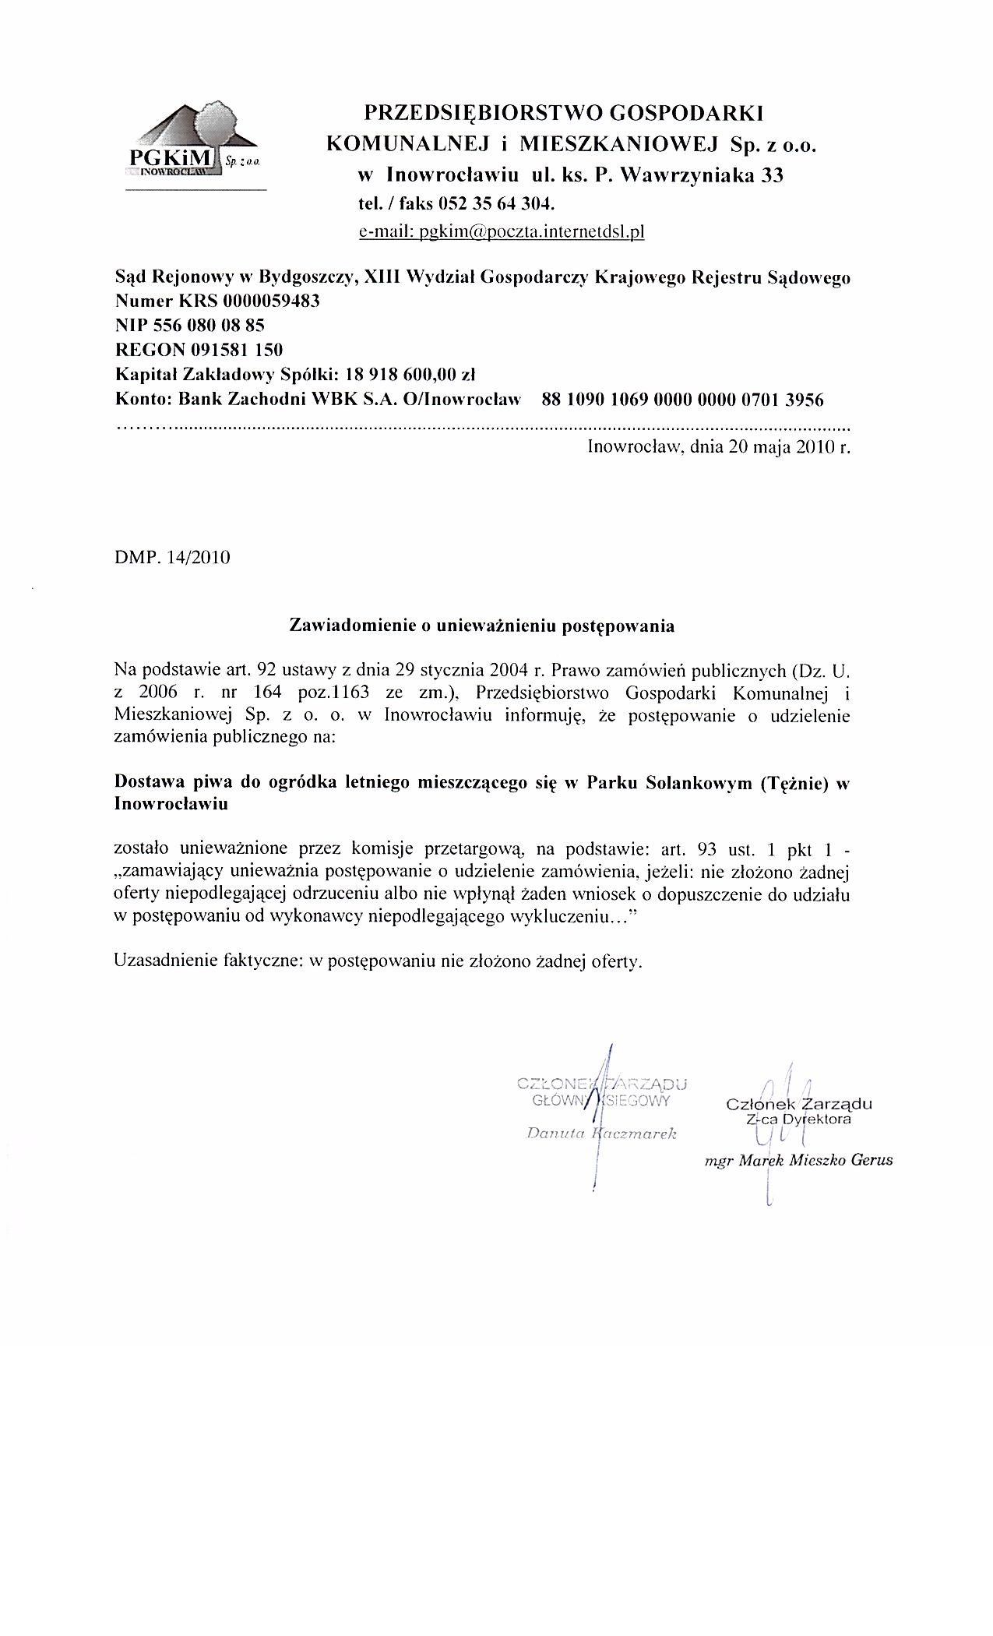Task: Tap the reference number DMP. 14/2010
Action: coord(172,558)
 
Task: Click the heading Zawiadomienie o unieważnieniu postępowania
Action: coord(481,625)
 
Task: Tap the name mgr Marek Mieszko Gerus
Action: coord(798,1160)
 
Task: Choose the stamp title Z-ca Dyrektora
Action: coord(798,1119)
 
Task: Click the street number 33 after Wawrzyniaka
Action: coord(772,175)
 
